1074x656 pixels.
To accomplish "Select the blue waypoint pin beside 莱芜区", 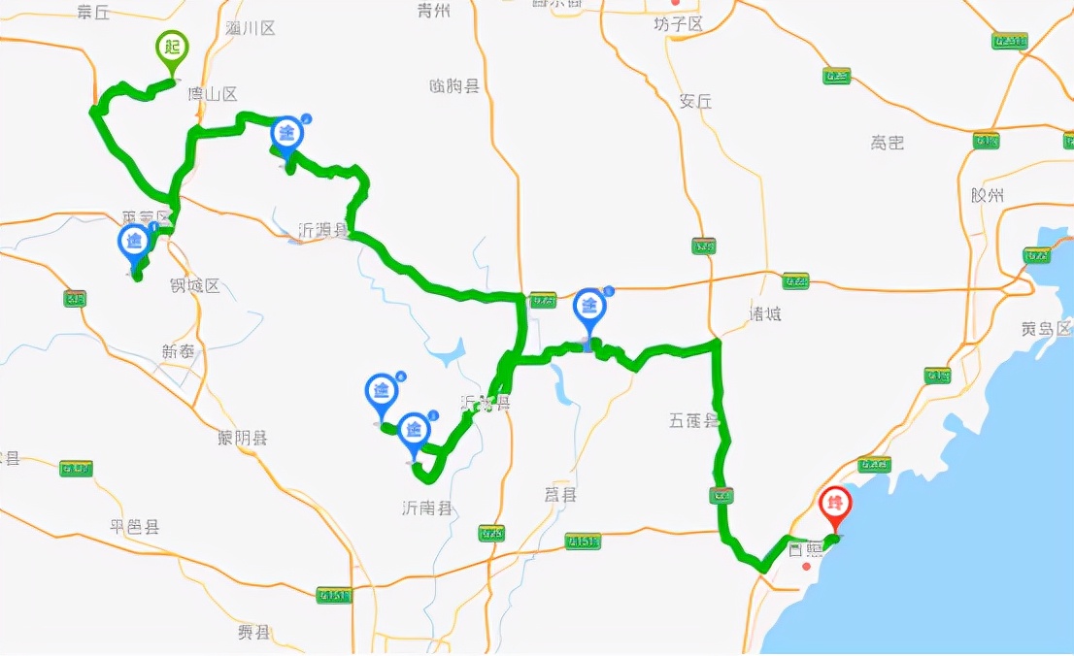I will point(134,243).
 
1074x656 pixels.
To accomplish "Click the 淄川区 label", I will point(250,28).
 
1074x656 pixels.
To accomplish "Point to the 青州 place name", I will point(434,11).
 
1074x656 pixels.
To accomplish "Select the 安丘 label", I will point(695,101).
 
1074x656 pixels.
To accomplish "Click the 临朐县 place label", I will point(454,86).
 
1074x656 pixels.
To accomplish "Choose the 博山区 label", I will point(213,94).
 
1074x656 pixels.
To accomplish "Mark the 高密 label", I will point(887,143).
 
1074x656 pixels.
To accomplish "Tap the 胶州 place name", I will point(987,195).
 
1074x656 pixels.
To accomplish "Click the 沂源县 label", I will point(322,230).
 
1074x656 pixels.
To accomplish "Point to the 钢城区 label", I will point(195,285).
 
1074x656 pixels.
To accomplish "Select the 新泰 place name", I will point(179,351).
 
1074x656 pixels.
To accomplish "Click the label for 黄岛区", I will point(1046,328).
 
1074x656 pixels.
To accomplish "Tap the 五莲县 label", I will point(693,420).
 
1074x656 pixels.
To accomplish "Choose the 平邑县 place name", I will point(134,527).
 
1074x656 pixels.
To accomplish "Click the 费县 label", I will point(253,632).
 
